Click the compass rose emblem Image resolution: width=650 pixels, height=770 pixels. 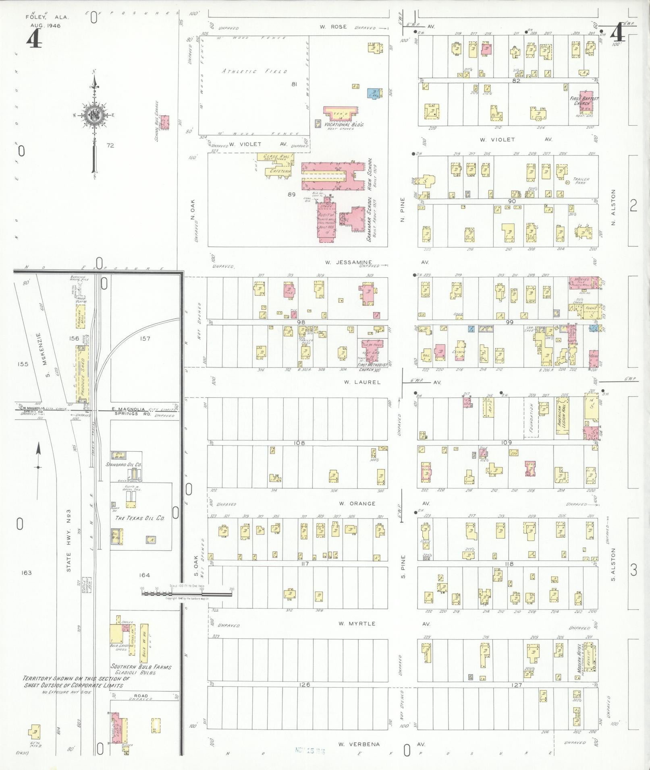(x=94, y=114)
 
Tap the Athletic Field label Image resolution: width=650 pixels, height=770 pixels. (x=254, y=71)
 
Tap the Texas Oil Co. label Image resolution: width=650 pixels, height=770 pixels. (x=140, y=518)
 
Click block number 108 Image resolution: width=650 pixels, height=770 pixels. (x=299, y=443)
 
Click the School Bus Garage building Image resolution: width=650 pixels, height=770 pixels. (x=165, y=122)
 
